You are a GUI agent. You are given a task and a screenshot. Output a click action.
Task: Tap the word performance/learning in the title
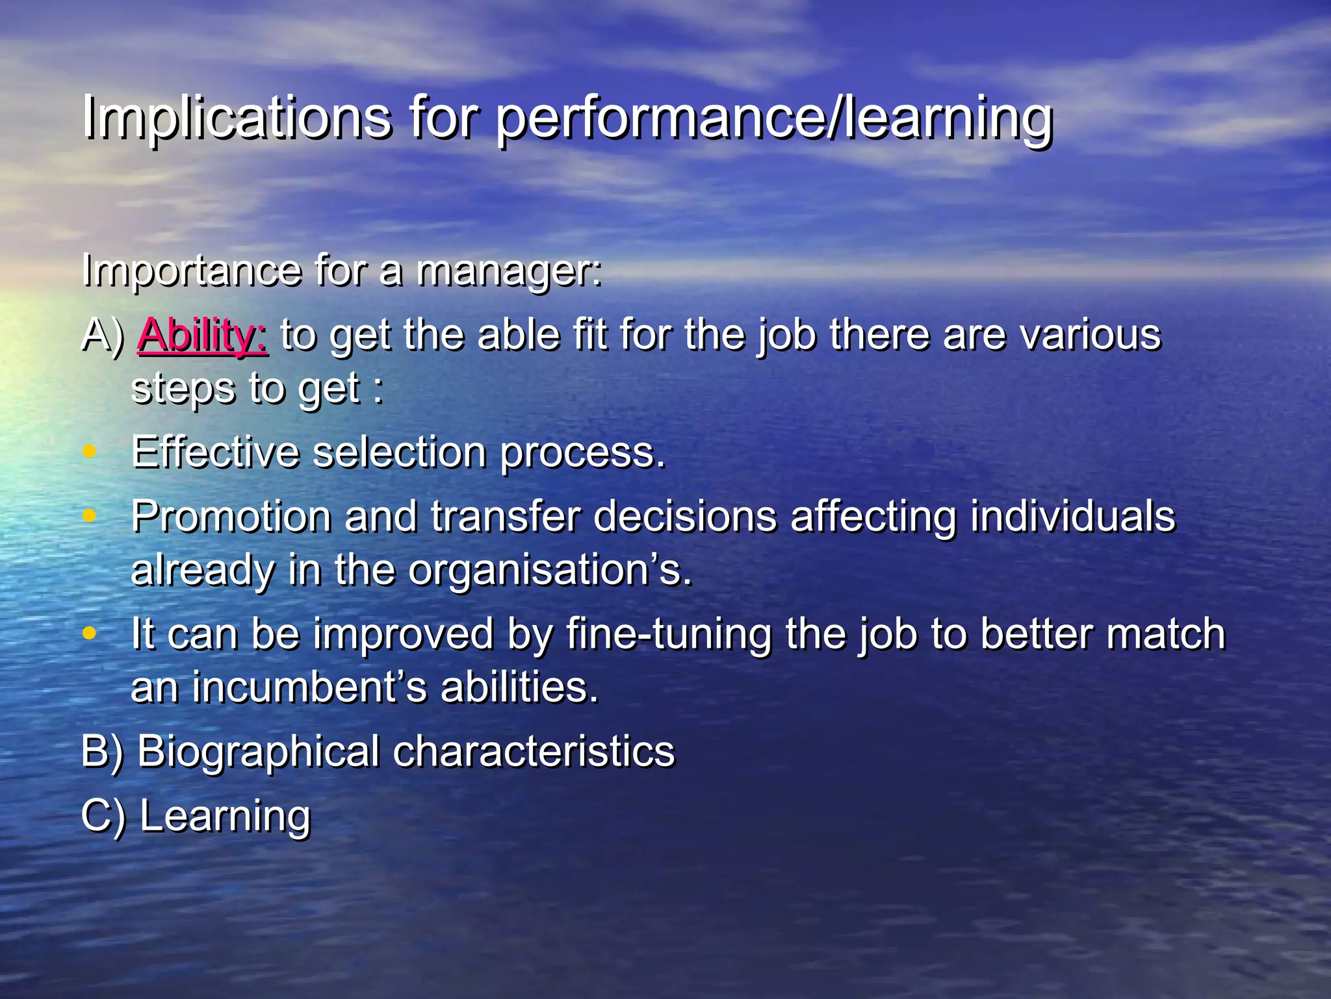(x=773, y=118)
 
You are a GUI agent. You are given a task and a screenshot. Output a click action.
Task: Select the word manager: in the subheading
(x=508, y=271)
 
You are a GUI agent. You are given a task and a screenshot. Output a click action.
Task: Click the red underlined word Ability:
(x=202, y=336)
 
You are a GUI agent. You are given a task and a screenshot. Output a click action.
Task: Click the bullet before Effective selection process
(x=90, y=451)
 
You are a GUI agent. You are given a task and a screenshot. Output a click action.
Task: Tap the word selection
(x=399, y=452)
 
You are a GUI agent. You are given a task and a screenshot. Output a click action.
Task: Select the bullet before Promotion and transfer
(x=90, y=516)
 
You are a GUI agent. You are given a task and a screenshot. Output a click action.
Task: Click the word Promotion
(x=231, y=517)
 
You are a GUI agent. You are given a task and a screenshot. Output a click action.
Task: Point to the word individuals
(x=1072, y=517)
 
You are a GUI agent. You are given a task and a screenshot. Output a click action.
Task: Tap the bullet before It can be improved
(x=90, y=633)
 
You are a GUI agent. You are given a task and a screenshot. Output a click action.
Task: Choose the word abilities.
(x=519, y=687)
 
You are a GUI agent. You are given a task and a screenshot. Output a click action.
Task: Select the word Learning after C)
(x=225, y=817)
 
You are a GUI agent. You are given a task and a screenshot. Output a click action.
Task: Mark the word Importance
(x=192, y=271)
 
